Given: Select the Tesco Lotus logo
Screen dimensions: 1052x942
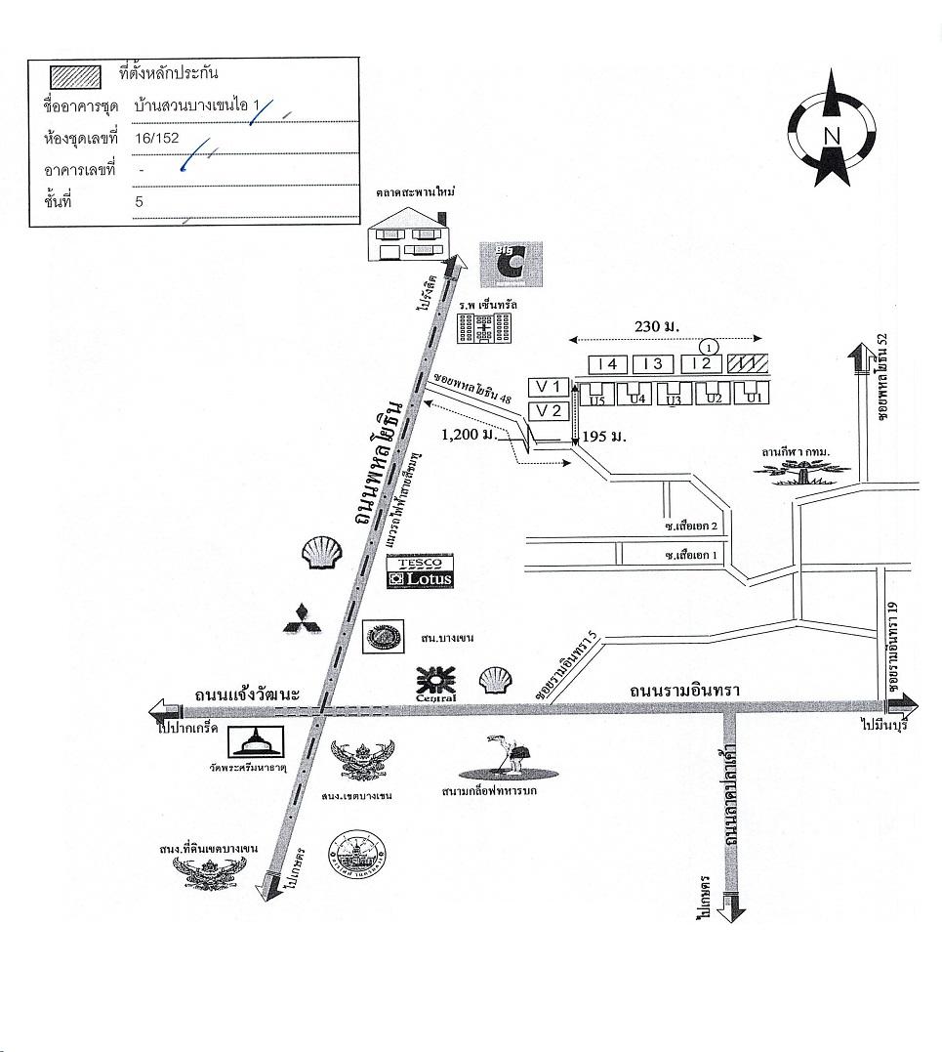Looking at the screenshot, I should point(420,571).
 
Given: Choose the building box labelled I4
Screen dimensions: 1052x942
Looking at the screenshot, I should point(608,364).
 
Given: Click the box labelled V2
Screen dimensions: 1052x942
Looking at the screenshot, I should point(548,410).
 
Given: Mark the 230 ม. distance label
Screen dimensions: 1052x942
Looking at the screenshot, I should point(656,325).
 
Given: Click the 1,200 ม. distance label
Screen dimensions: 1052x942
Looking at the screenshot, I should point(469,435).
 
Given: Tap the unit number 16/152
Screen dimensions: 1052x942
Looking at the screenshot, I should point(157,138).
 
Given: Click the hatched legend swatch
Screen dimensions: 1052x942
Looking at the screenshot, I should point(75,75).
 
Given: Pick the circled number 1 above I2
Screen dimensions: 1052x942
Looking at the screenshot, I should point(710,345).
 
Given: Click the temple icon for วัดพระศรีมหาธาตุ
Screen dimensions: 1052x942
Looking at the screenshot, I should point(256,741).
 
